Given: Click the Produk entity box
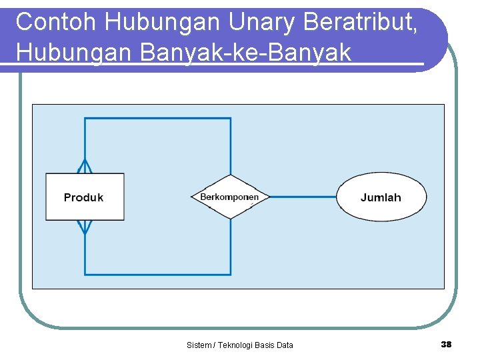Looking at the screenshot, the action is [x=85, y=197].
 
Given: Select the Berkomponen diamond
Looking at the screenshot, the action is [x=230, y=197].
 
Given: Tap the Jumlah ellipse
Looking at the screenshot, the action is [x=381, y=197].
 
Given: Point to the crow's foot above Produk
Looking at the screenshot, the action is [x=85, y=166].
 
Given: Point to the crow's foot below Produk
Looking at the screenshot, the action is [x=85, y=227].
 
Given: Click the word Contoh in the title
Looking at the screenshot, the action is [x=57, y=22].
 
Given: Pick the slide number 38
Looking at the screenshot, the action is [x=446, y=344].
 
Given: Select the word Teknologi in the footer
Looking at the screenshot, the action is [x=235, y=345].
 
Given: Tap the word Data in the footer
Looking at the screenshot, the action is [x=284, y=345].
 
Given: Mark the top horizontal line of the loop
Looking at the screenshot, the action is [x=158, y=119].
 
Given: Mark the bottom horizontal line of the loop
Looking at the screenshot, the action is [x=158, y=274].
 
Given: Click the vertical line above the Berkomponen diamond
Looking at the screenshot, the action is [x=231, y=147].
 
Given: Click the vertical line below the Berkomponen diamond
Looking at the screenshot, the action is [x=231, y=247].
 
